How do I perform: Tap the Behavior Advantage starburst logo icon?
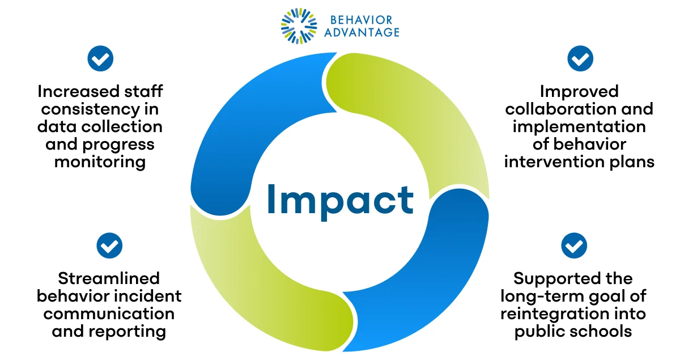click(299, 26)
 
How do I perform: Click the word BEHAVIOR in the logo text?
click(362, 20)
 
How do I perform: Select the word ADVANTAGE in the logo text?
click(362, 32)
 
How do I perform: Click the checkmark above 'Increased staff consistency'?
click(100, 58)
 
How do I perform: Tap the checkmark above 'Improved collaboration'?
click(580, 58)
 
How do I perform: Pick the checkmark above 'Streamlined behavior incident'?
click(109, 245)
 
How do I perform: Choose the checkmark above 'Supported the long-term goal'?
click(573, 245)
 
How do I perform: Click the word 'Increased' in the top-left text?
click(78, 91)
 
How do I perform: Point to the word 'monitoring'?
click(100, 162)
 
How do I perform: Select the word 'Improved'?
click(579, 91)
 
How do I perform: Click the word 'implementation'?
click(579, 126)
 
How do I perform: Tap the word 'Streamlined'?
click(109, 278)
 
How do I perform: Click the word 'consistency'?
click(91, 109)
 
